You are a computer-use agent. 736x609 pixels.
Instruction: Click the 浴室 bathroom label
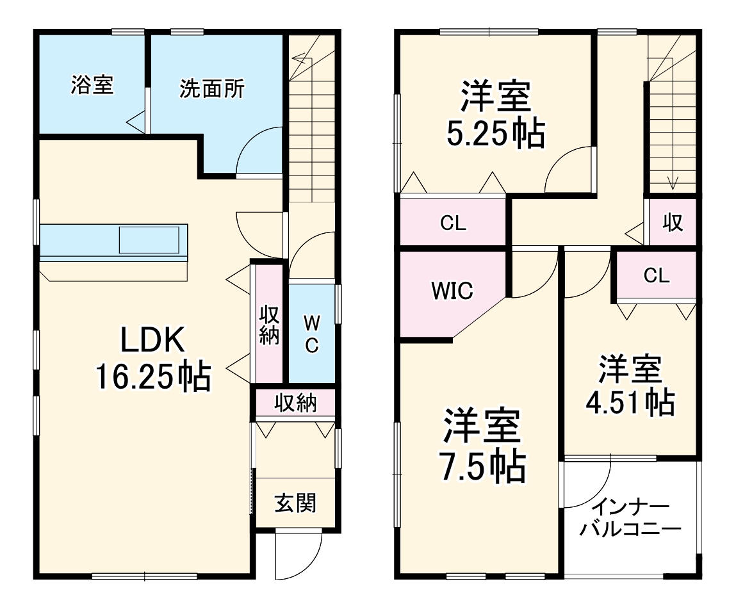click(x=92, y=85)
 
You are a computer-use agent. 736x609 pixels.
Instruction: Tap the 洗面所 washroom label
click(x=211, y=89)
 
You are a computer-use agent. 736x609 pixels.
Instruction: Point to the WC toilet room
click(x=311, y=333)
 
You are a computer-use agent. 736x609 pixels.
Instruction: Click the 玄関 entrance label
click(x=295, y=503)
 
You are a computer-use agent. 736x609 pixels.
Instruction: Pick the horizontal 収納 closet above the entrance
click(x=295, y=403)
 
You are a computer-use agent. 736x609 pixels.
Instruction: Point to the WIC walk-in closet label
click(x=452, y=290)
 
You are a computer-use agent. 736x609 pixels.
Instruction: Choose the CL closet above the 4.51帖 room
click(x=656, y=275)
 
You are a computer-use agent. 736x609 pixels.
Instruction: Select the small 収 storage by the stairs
click(x=672, y=223)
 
